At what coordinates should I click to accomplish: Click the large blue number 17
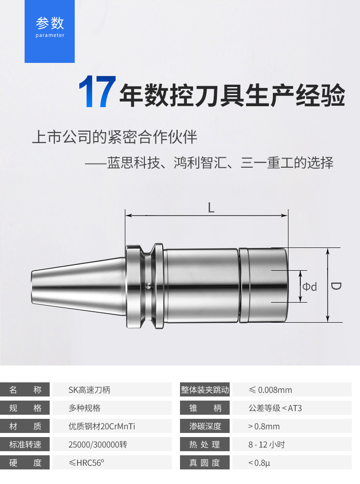pos(97,92)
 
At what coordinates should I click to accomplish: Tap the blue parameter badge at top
pos(50,31)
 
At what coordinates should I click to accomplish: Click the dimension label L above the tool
pos(211,208)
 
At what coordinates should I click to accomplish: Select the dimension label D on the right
pos(336,286)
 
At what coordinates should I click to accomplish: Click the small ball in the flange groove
pos(149,285)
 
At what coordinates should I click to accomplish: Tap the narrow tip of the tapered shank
pos(32,288)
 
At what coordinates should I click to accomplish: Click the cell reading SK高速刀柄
pos(89,390)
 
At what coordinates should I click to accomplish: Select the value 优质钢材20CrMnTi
pos(102,426)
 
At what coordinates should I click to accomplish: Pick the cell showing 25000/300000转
pos(98,444)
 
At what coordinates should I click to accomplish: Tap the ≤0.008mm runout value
pos(270,390)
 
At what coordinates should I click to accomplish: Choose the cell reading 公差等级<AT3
pos(275,408)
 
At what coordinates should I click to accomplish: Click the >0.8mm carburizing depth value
pos(264,426)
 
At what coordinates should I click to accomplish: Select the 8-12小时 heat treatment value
pos(267,444)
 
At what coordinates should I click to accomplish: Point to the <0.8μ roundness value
pos(259,463)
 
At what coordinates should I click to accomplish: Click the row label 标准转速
pos(25,444)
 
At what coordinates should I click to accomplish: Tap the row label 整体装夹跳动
pos(205,390)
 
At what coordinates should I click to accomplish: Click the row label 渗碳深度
pos(205,426)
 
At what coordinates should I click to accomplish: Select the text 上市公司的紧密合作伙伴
pos(115,137)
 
